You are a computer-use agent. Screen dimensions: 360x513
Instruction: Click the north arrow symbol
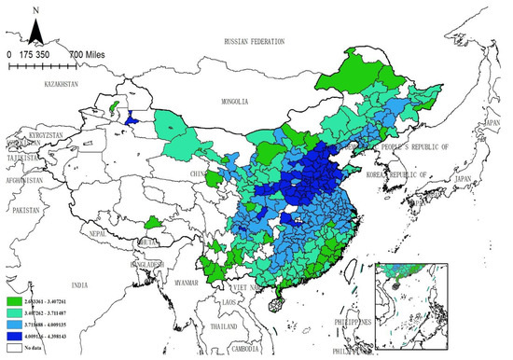35,31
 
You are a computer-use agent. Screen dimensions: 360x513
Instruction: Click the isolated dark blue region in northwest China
132,119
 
